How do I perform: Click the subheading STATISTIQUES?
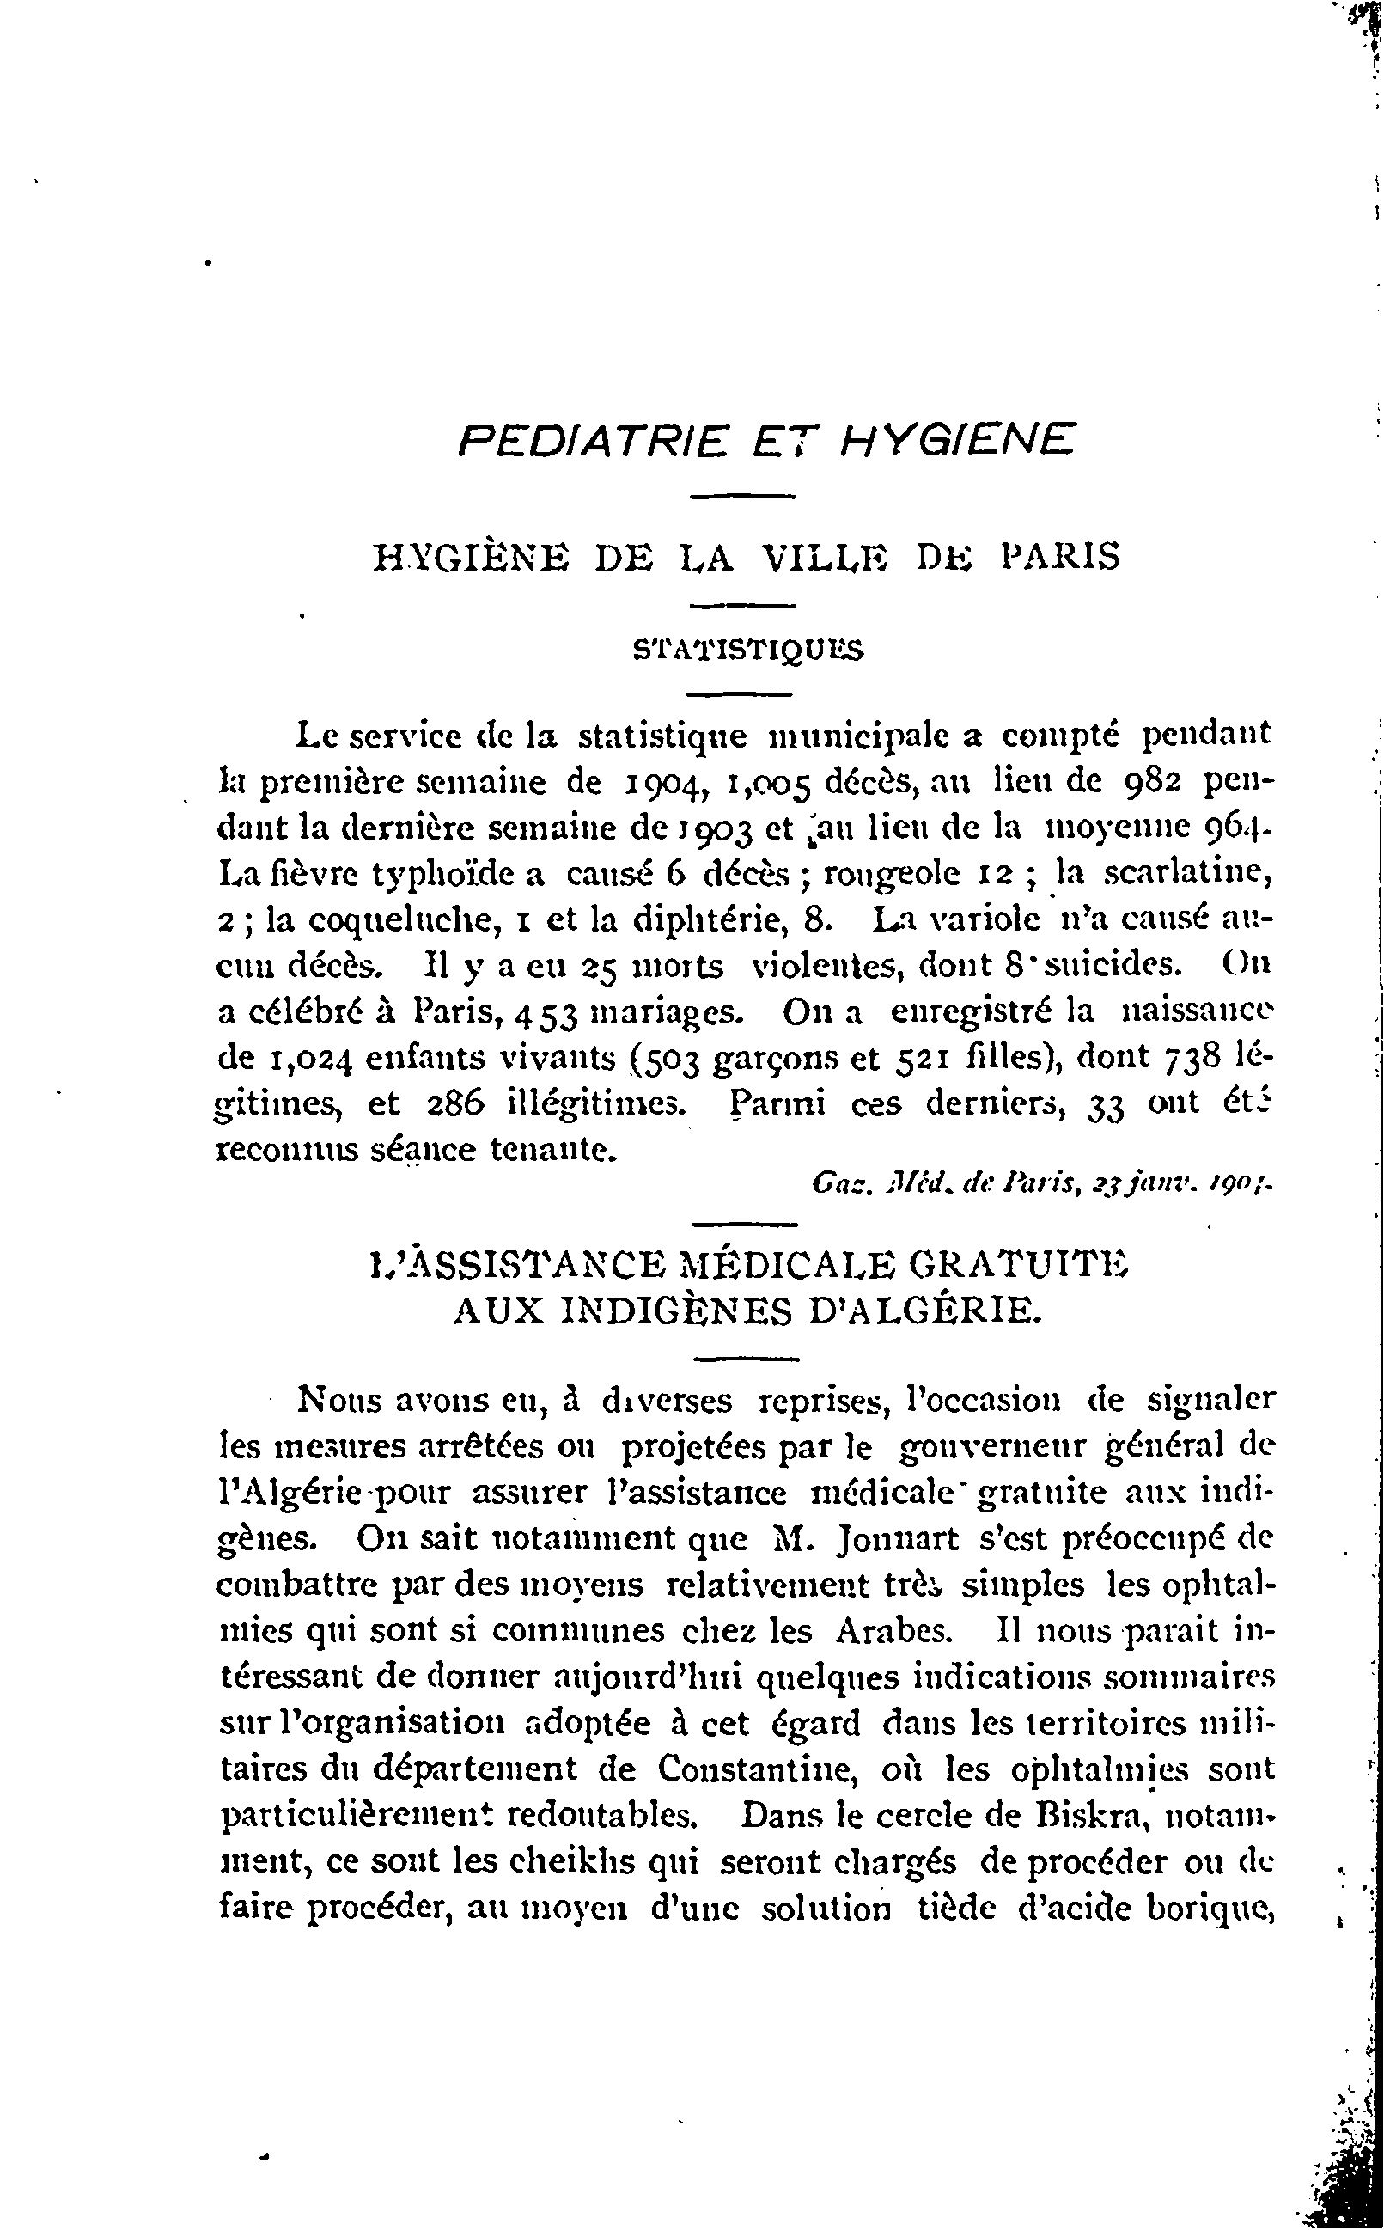pyautogui.click(x=747, y=650)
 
